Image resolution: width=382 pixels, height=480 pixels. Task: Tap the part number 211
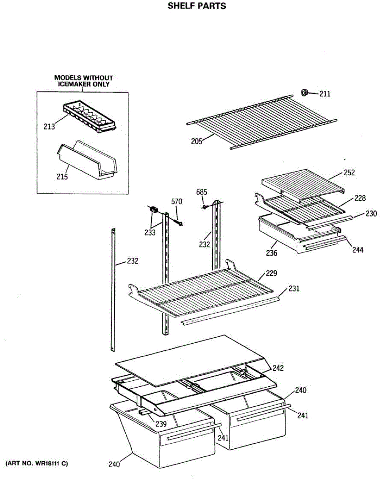pos(325,94)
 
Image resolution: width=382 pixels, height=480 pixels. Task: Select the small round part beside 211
pos(304,93)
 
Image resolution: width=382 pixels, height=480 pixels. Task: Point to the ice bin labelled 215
pos(88,160)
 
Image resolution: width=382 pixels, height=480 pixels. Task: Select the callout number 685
pos(202,192)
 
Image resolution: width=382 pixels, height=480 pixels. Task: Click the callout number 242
pos(278,368)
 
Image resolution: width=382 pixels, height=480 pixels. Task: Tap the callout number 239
pos(161,424)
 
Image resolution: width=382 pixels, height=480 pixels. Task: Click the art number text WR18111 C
pos(37,464)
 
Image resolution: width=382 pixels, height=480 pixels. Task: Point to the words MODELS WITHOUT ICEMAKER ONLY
pos(83,81)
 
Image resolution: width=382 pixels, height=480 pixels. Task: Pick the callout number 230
pos(370,214)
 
